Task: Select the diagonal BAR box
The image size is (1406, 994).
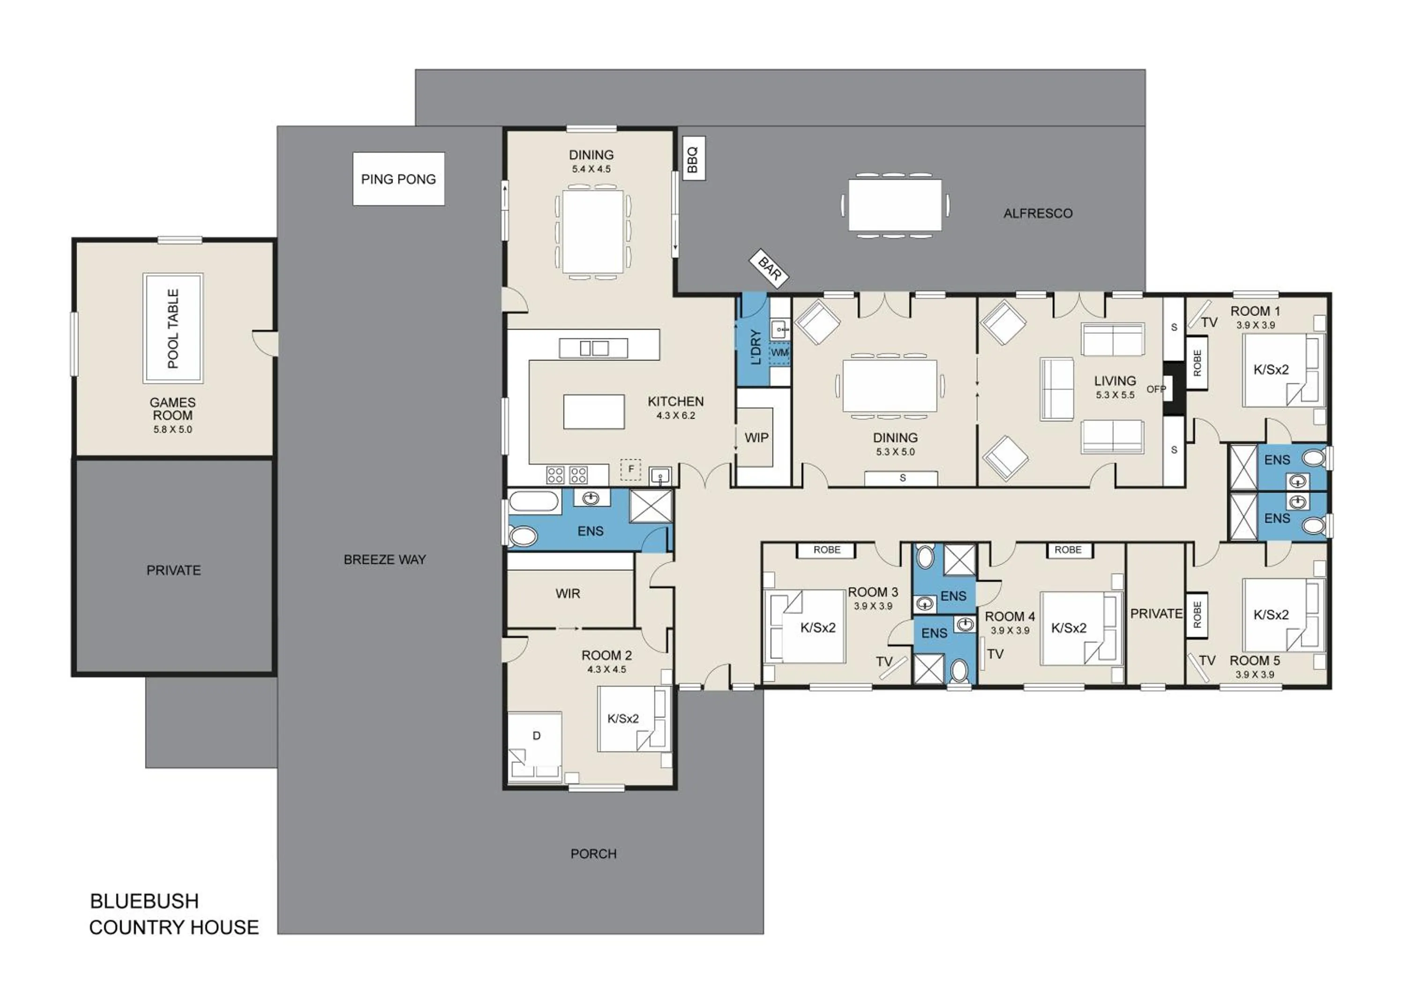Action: pyautogui.click(x=769, y=268)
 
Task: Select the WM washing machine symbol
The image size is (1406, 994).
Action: pyautogui.click(x=779, y=353)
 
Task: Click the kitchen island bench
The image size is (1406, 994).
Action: pyautogui.click(x=593, y=411)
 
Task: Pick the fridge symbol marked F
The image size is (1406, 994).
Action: pyautogui.click(x=631, y=469)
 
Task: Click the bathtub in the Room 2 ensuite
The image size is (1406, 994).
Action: pyautogui.click(x=534, y=501)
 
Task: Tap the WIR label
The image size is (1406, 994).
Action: pyautogui.click(x=567, y=593)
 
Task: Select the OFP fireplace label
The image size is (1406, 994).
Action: pyautogui.click(x=1156, y=389)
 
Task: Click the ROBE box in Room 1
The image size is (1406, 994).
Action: pyautogui.click(x=1197, y=363)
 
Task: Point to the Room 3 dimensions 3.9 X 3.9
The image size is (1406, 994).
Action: pyautogui.click(x=873, y=606)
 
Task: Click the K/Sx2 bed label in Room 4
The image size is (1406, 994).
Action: pyautogui.click(x=1069, y=628)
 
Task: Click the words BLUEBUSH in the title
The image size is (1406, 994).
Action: pyautogui.click(x=144, y=901)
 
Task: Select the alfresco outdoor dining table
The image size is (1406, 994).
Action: pyautogui.click(x=895, y=204)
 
